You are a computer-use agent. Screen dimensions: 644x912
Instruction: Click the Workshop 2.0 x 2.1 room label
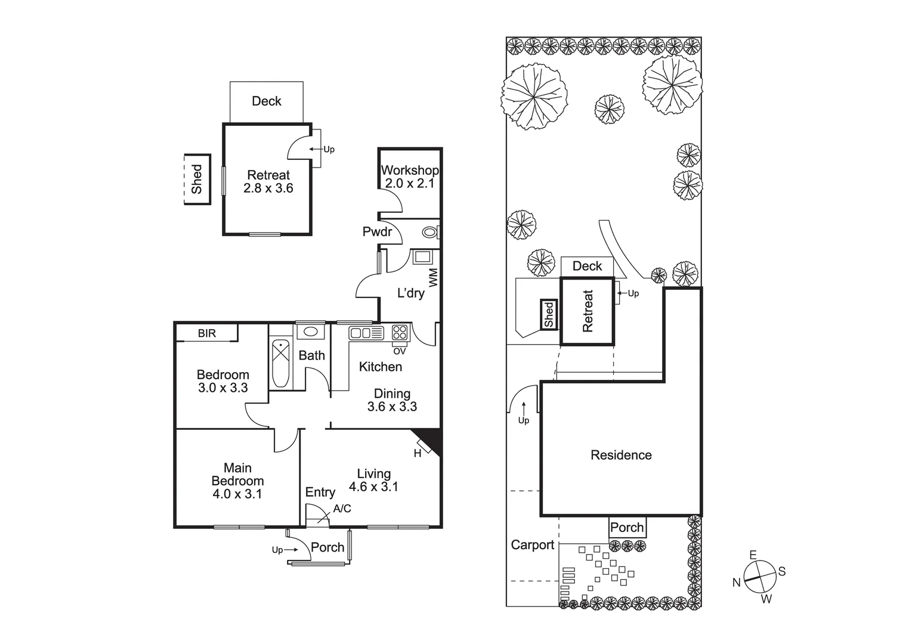(410, 177)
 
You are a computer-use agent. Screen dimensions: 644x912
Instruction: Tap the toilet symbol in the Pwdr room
(429, 232)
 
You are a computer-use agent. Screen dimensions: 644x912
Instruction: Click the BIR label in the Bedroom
(207, 333)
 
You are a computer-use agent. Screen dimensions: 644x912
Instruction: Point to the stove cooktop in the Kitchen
(400, 333)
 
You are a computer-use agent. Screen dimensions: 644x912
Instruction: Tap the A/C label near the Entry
(342, 509)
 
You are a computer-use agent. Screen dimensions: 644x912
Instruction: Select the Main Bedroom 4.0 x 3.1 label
(237, 481)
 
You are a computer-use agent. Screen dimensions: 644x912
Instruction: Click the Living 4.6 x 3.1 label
(373, 480)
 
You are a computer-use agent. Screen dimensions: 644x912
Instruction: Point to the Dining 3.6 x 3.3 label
(392, 400)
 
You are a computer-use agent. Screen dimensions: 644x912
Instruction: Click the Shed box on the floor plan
(197, 179)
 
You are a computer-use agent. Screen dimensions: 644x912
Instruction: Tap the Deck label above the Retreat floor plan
(267, 101)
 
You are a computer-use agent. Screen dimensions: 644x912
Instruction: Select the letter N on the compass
(737, 583)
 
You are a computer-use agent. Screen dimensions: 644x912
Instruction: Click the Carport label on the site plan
(532, 545)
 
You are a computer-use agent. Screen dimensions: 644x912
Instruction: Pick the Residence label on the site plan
(621, 455)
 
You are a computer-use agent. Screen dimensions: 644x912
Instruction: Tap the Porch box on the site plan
(627, 528)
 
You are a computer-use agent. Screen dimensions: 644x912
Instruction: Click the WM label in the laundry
(434, 277)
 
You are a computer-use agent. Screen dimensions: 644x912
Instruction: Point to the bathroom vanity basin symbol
(310, 332)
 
